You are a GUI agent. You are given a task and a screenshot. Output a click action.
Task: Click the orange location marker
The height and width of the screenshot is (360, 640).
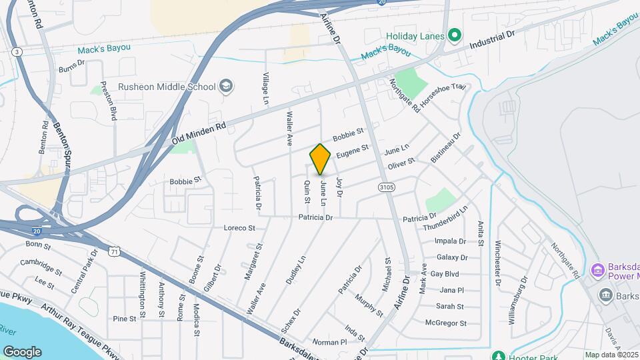(321, 159)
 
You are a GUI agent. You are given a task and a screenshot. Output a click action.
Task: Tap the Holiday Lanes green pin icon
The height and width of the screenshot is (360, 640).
(455, 35)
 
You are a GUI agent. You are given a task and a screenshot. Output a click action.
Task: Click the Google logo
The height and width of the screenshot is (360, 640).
(22, 352)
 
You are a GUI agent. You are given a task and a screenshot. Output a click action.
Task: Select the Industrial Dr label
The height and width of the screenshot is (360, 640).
(493, 42)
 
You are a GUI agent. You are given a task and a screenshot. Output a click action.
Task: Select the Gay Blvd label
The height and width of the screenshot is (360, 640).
(444, 274)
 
